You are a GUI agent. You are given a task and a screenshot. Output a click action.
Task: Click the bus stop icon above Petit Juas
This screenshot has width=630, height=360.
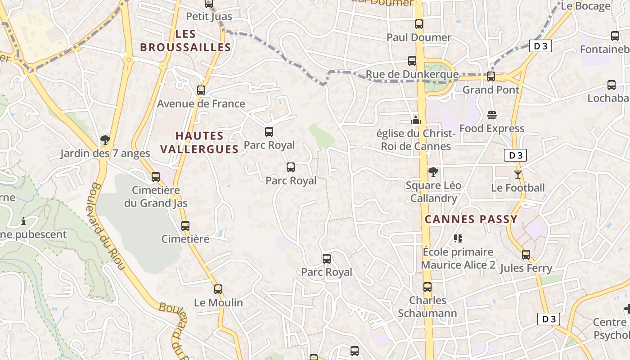(x=208, y=4)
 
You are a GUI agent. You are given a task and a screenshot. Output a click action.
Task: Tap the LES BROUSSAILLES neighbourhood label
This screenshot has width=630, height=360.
(x=185, y=40)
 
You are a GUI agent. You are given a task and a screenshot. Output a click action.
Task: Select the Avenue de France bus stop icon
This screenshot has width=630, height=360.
(x=201, y=90)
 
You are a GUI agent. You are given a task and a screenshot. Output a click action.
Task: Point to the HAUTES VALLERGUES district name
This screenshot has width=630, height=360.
(x=199, y=142)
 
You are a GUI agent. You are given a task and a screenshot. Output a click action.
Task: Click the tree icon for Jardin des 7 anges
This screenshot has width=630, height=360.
(x=105, y=140)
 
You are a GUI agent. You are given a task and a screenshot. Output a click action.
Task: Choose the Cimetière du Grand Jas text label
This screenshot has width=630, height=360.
(x=156, y=197)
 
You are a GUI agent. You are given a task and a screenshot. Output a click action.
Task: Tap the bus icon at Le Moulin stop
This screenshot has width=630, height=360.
(x=218, y=289)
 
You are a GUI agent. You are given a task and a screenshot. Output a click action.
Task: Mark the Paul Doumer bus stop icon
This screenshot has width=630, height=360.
(x=419, y=24)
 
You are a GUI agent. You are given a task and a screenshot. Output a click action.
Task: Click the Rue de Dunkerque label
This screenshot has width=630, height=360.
(x=412, y=74)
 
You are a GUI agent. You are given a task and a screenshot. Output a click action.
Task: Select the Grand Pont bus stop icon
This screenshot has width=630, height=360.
(x=491, y=76)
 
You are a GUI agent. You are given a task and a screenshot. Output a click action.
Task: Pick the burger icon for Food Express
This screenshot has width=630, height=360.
(x=492, y=115)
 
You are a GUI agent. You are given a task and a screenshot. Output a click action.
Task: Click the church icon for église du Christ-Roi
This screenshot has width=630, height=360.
(x=416, y=120)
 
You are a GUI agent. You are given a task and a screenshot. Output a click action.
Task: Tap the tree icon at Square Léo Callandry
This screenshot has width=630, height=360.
(x=433, y=171)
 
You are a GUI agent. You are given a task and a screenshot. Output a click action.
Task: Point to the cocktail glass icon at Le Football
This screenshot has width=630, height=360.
(x=518, y=174)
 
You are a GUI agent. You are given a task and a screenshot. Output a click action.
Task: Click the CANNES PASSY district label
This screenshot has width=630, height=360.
(x=471, y=220)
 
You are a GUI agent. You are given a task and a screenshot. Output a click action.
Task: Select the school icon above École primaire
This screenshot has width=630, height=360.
(x=458, y=238)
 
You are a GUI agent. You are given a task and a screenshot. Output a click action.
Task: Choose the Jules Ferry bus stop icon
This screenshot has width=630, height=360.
(x=526, y=255)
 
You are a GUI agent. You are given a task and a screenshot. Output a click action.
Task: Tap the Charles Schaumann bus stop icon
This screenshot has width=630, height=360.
(x=427, y=287)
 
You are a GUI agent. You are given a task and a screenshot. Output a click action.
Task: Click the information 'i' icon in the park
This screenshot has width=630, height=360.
(x=23, y=221)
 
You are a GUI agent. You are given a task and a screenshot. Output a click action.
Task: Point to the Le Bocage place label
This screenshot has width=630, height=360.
(x=585, y=6)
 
